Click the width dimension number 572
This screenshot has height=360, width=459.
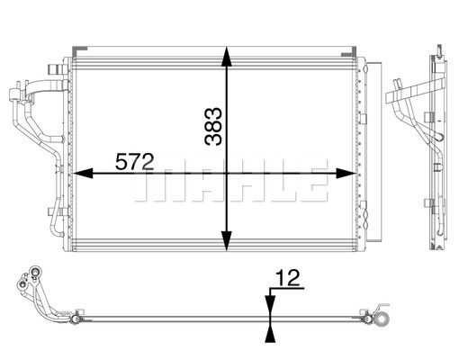[134, 161]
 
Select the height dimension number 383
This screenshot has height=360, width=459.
[213, 126]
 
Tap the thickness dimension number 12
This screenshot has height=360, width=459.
[288, 277]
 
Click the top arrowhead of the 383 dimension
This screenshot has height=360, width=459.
[227, 56]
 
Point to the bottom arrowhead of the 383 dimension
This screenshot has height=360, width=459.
[227, 241]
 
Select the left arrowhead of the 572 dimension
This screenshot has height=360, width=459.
[83, 174]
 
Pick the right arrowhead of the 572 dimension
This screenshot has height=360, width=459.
[346, 174]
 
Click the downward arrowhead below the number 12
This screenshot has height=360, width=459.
[270, 304]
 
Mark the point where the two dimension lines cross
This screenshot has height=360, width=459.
[227, 174]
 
